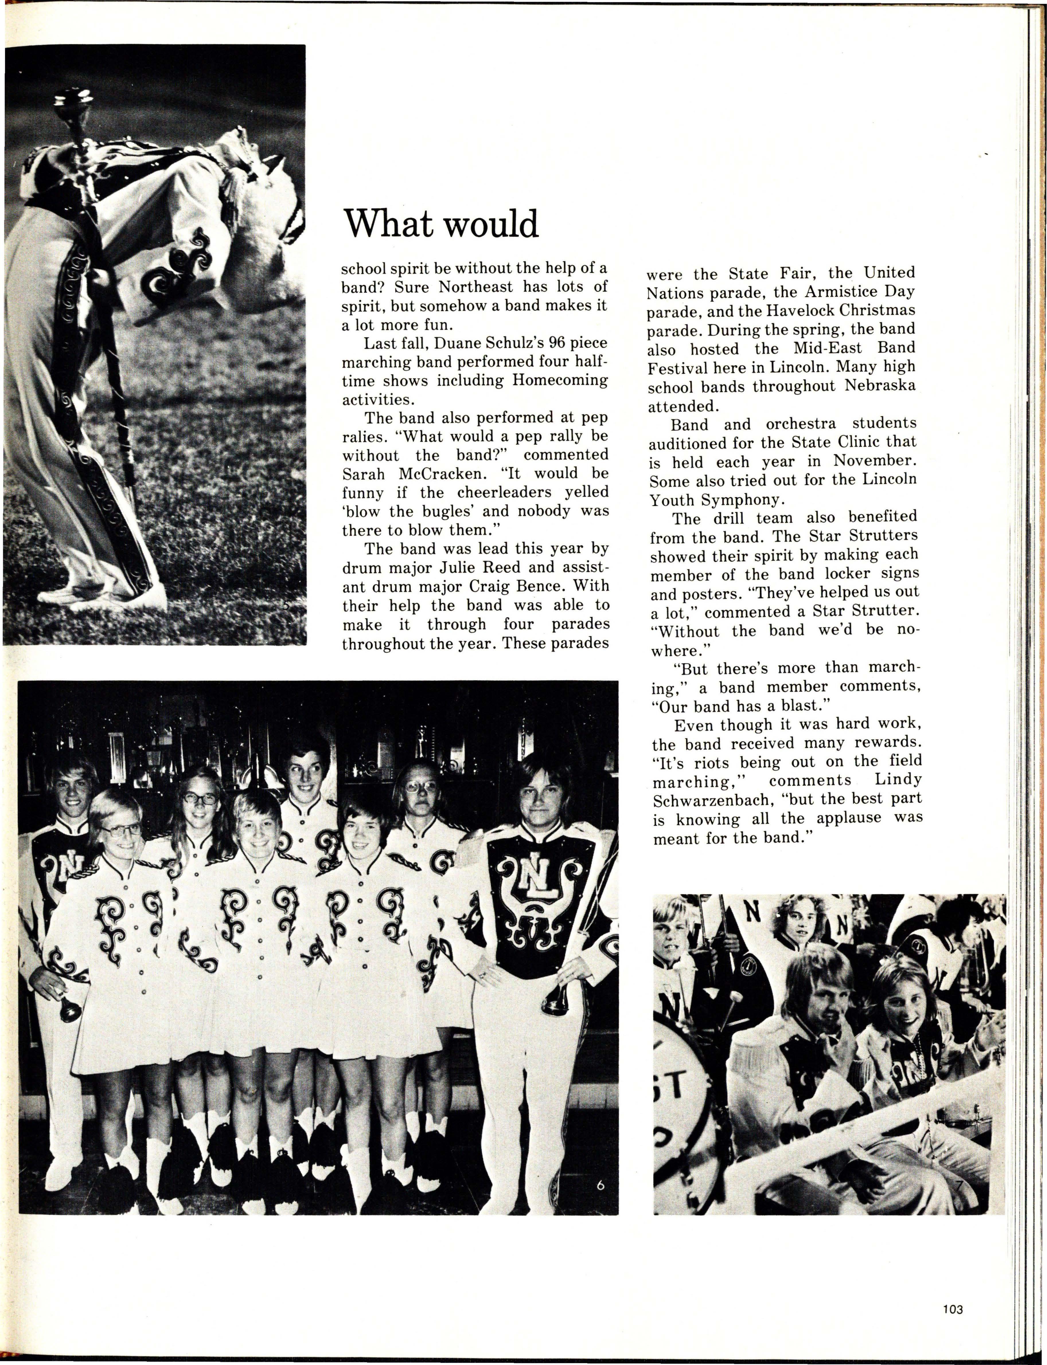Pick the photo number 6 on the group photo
pyautogui.click(x=600, y=1186)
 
